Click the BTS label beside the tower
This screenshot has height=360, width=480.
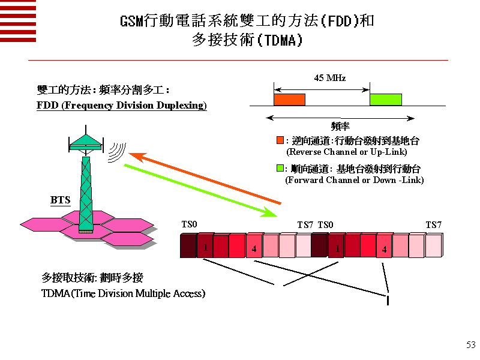(60, 200)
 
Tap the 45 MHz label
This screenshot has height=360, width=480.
(329, 78)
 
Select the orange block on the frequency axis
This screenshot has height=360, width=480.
(289, 100)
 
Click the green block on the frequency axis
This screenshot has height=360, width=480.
(385, 100)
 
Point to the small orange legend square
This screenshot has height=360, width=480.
(280, 140)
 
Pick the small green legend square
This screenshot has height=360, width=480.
(280, 169)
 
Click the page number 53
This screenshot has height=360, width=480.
(470, 344)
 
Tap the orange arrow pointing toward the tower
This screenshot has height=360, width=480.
(204, 178)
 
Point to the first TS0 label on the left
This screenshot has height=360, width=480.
(189, 224)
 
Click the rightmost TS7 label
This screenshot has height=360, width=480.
(434, 225)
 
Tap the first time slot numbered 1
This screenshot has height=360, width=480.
(205, 247)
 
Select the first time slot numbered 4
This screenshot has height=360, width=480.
(254, 247)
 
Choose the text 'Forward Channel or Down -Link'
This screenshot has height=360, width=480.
(354, 180)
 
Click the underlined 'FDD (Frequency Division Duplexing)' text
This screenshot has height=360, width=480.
(122, 106)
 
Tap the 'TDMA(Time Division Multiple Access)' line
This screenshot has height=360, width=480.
(123, 293)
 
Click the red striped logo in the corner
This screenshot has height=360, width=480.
(18, 20)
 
